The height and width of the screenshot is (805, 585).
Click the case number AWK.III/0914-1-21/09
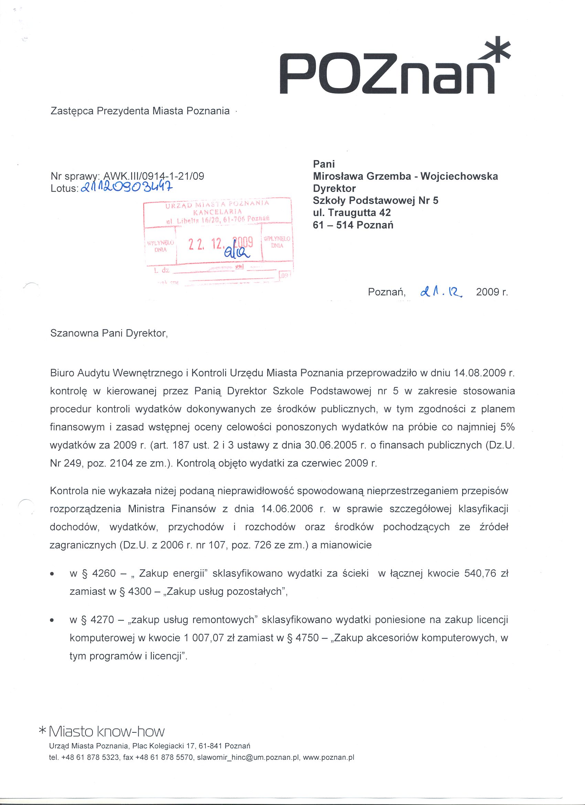pyautogui.click(x=153, y=176)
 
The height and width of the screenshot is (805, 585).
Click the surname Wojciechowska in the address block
pyautogui.click(x=459, y=176)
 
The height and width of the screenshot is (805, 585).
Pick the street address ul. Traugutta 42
pyautogui.click(x=351, y=213)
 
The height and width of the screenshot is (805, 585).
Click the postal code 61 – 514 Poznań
pyautogui.click(x=353, y=225)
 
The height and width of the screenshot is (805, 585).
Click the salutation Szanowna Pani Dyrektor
pyautogui.click(x=109, y=333)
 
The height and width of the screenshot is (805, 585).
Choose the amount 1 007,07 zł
pyautogui.click(x=209, y=638)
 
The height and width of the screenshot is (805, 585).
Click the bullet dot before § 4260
pyautogui.click(x=53, y=574)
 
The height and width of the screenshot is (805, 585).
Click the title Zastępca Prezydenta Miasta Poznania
pyautogui.click(x=140, y=111)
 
